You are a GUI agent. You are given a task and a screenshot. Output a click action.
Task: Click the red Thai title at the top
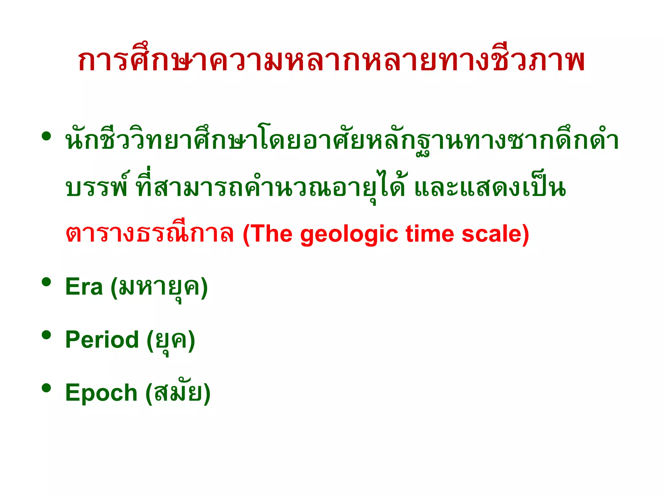pyautogui.click(x=331, y=61)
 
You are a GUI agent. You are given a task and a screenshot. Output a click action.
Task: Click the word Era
pyautogui.click(x=84, y=287)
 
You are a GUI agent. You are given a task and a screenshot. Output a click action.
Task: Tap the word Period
pyautogui.click(x=102, y=340)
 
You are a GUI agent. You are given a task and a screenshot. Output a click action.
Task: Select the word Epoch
pyautogui.click(x=101, y=392)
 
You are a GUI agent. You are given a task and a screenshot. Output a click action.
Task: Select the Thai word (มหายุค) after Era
pyautogui.click(x=159, y=287)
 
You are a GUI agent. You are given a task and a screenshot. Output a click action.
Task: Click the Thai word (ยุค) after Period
pyautogui.click(x=171, y=340)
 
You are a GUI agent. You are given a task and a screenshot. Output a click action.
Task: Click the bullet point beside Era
pyautogui.click(x=47, y=282)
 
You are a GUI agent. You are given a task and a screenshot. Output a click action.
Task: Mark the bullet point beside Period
pyautogui.click(x=47, y=335)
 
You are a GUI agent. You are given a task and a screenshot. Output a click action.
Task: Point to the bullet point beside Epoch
pyautogui.click(x=47, y=388)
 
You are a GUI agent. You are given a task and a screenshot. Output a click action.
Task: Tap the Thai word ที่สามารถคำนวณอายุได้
pyautogui.click(x=271, y=188)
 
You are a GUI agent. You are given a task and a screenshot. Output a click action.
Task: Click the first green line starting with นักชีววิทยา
pyautogui.click(x=342, y=142)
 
